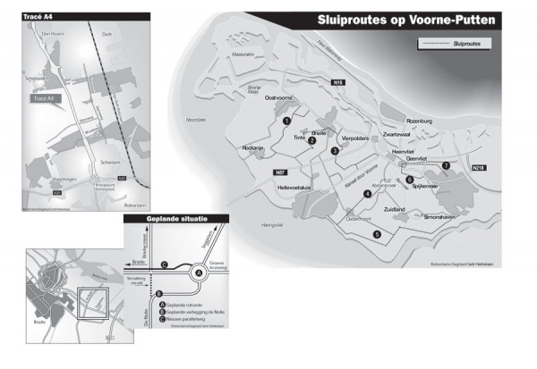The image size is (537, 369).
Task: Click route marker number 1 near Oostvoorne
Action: pos(286,120)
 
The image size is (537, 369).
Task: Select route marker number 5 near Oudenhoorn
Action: pos(377,233)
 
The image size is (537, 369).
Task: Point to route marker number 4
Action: pos(367,193)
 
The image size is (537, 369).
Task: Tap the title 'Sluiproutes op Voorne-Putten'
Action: pos(410,20)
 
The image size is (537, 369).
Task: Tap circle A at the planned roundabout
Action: pos(199,273)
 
